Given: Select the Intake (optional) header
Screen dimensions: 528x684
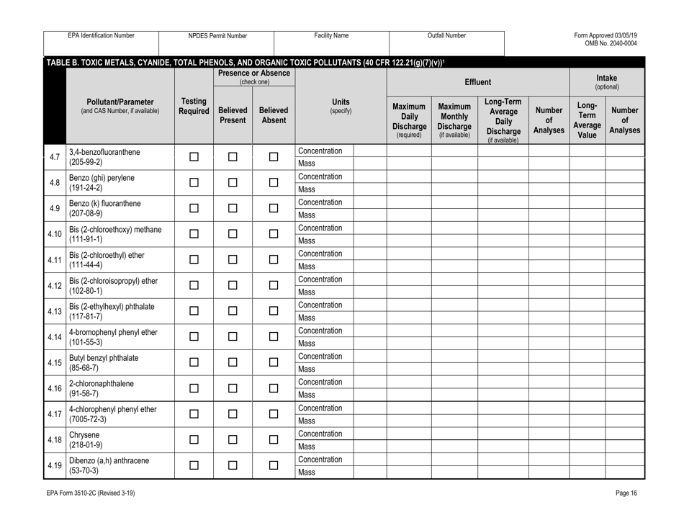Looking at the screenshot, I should coord(626,78).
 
